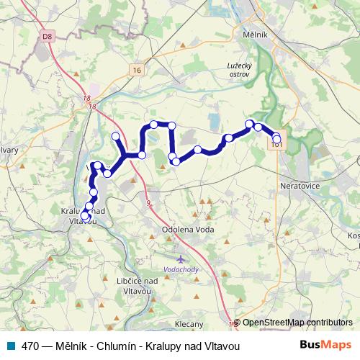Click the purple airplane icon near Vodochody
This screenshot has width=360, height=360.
(181, 257)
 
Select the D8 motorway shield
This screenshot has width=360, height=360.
(48, 35)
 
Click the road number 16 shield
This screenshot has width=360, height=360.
(138, 70)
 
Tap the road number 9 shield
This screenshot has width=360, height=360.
(148, 204)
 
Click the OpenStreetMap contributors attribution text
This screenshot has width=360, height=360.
(297, 323)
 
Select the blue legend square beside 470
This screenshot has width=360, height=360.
(11, 346)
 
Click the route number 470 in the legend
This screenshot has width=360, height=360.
(31, 346)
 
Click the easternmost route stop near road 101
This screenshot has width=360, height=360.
(277, 138)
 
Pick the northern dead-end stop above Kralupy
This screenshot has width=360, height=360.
(115, 136)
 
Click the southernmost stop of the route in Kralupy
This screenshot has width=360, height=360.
(85, 216)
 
